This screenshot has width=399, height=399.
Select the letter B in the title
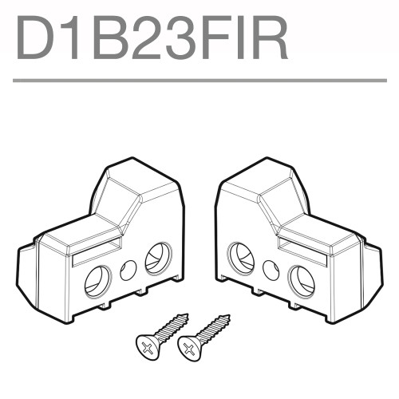(x=113, y=37)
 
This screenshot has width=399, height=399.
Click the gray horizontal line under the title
(x=199, y=80)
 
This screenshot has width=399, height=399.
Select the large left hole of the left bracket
(x=97, y=281)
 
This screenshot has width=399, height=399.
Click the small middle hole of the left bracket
(x=128, y=270)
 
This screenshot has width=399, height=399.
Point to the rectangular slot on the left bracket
(x=96, y=253)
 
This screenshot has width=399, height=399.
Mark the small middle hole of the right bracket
(x=271, y=270)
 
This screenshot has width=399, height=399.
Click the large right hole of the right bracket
(x=302, y=281)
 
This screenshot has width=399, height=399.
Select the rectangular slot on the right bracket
(x=302, y=253)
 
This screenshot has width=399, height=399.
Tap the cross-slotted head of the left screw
(x=148, y=346)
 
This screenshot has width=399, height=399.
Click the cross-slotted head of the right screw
(x=188, y=346)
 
